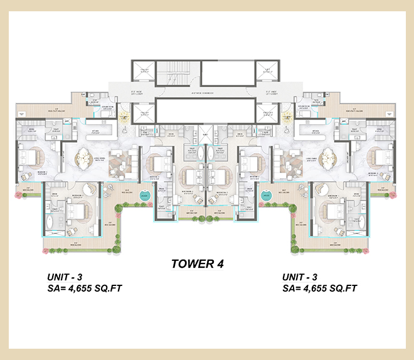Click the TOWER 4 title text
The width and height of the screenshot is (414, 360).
click(x=198, y=263)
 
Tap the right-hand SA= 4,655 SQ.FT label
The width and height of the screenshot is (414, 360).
click(x=320, y=289)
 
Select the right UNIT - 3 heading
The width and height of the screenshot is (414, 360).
click(x=301, y=277)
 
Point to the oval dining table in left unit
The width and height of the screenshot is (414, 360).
click(x=85, y=158)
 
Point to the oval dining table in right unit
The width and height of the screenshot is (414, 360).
click(x=328, y=158)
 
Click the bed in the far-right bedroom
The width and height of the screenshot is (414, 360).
click(x=383, y=157)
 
